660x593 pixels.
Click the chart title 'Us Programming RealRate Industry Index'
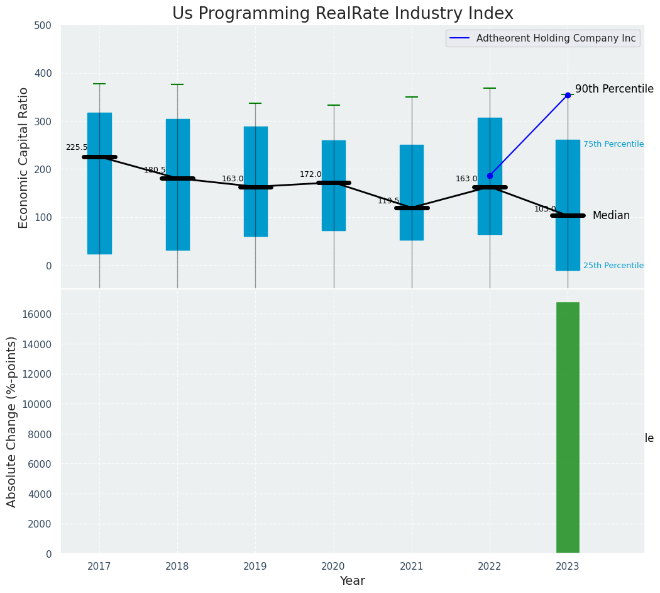[343, 14]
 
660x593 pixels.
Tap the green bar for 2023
[568, 427]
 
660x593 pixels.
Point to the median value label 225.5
[77, 147]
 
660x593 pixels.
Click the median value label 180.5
[155, 170]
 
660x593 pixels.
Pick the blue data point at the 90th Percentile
[568, 95]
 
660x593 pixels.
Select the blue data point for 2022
[490, 176]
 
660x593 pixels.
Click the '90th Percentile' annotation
[614, 89]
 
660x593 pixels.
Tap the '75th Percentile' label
[613, 144]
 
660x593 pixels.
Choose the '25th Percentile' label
[613, 266]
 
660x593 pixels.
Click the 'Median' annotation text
[611, 215]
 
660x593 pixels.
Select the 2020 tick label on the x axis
[334, 567]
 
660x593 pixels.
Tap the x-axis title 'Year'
[353, 581]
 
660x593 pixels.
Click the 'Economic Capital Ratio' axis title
[24, 157]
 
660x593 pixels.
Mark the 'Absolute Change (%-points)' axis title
[12, 421]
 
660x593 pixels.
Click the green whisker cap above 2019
[255, 103]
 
